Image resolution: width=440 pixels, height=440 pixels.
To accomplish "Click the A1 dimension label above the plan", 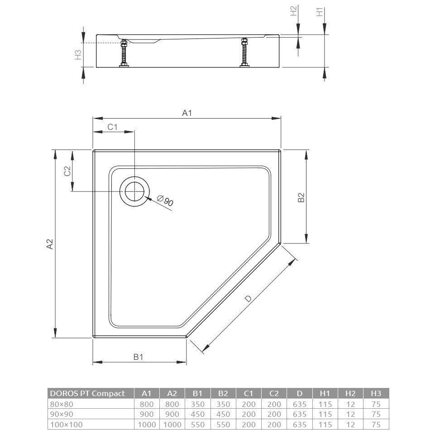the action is [x=187, y=113].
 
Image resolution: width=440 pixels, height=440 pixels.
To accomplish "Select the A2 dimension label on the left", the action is [x=50, y=244].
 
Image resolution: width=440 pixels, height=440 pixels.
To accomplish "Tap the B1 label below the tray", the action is [x=139, y=357].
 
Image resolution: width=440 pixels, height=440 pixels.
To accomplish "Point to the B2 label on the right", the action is [x=301, y=197].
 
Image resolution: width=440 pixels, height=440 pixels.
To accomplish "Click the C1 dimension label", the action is [x=112, y=127].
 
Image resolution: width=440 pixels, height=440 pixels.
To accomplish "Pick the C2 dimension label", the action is [x=67, y=171].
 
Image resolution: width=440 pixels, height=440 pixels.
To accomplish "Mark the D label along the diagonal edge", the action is [x=249, y=299].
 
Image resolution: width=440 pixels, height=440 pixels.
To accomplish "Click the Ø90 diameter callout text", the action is [x=165, y=201].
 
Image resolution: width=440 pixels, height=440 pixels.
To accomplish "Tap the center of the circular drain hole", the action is [x=135, y=191].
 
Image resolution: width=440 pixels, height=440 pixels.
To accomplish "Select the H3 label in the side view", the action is [x=78, y=54].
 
